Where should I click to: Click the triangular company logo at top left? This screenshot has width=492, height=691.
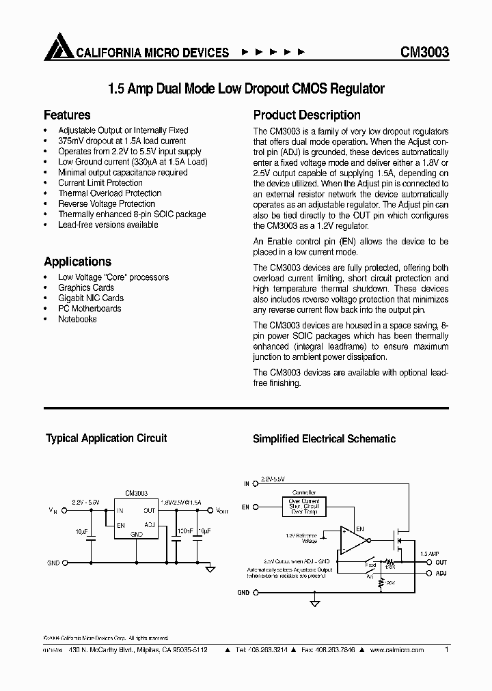57,48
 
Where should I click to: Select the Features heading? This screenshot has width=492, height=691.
67,115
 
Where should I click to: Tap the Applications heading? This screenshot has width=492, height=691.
77,262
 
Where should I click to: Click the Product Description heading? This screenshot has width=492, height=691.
307,115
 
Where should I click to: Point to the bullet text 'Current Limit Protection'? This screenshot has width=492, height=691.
100,183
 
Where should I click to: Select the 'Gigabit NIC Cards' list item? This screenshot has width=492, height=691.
91,298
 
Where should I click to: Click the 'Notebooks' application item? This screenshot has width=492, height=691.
77,319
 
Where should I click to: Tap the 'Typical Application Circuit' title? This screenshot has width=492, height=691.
106,438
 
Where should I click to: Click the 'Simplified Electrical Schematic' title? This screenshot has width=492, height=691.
324,439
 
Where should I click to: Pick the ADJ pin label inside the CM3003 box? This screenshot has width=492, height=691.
150,524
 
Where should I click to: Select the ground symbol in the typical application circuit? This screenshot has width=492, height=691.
211,568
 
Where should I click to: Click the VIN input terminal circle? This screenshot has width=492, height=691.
65,510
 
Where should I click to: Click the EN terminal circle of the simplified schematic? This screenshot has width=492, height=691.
255,507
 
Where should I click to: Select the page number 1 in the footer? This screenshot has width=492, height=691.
447,650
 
